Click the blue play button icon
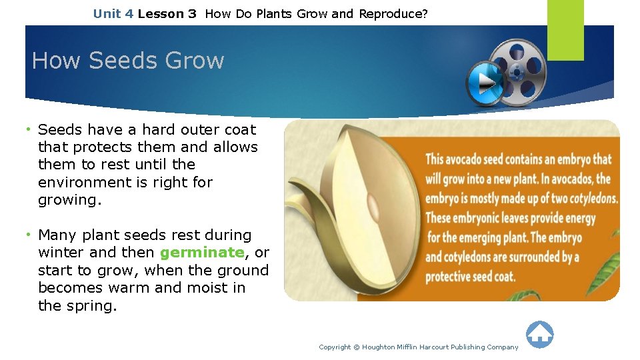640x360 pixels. point(484,83)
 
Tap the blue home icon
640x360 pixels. point(539,334)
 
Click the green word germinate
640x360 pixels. point(202,253)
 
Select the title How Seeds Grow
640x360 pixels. point(128,60)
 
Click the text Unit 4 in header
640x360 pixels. point(113,14)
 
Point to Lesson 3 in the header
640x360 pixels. point(167,14)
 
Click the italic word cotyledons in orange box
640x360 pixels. point(593,199)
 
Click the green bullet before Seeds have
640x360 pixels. point(28,130)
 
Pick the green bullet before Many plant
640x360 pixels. point(28,235)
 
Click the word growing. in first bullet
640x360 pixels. point(70,200)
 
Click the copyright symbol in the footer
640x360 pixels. point(356,347)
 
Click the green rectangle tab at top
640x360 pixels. point(565,30)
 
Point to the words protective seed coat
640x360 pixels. point(470,277)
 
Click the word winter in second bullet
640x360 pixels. point(61,252)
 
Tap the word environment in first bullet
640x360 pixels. point(85,182)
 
